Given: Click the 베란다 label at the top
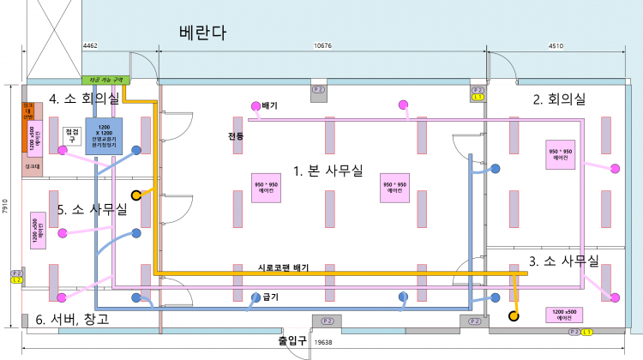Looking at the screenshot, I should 202,33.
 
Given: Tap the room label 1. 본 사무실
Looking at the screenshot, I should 328,171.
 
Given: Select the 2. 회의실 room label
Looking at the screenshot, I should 559,99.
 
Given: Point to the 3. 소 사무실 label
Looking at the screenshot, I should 563,260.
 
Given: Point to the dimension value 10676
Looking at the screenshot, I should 323,45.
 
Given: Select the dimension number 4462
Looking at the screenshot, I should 90,45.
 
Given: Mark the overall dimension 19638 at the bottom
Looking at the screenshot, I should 324,342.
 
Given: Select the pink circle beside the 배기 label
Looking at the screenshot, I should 255,106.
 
